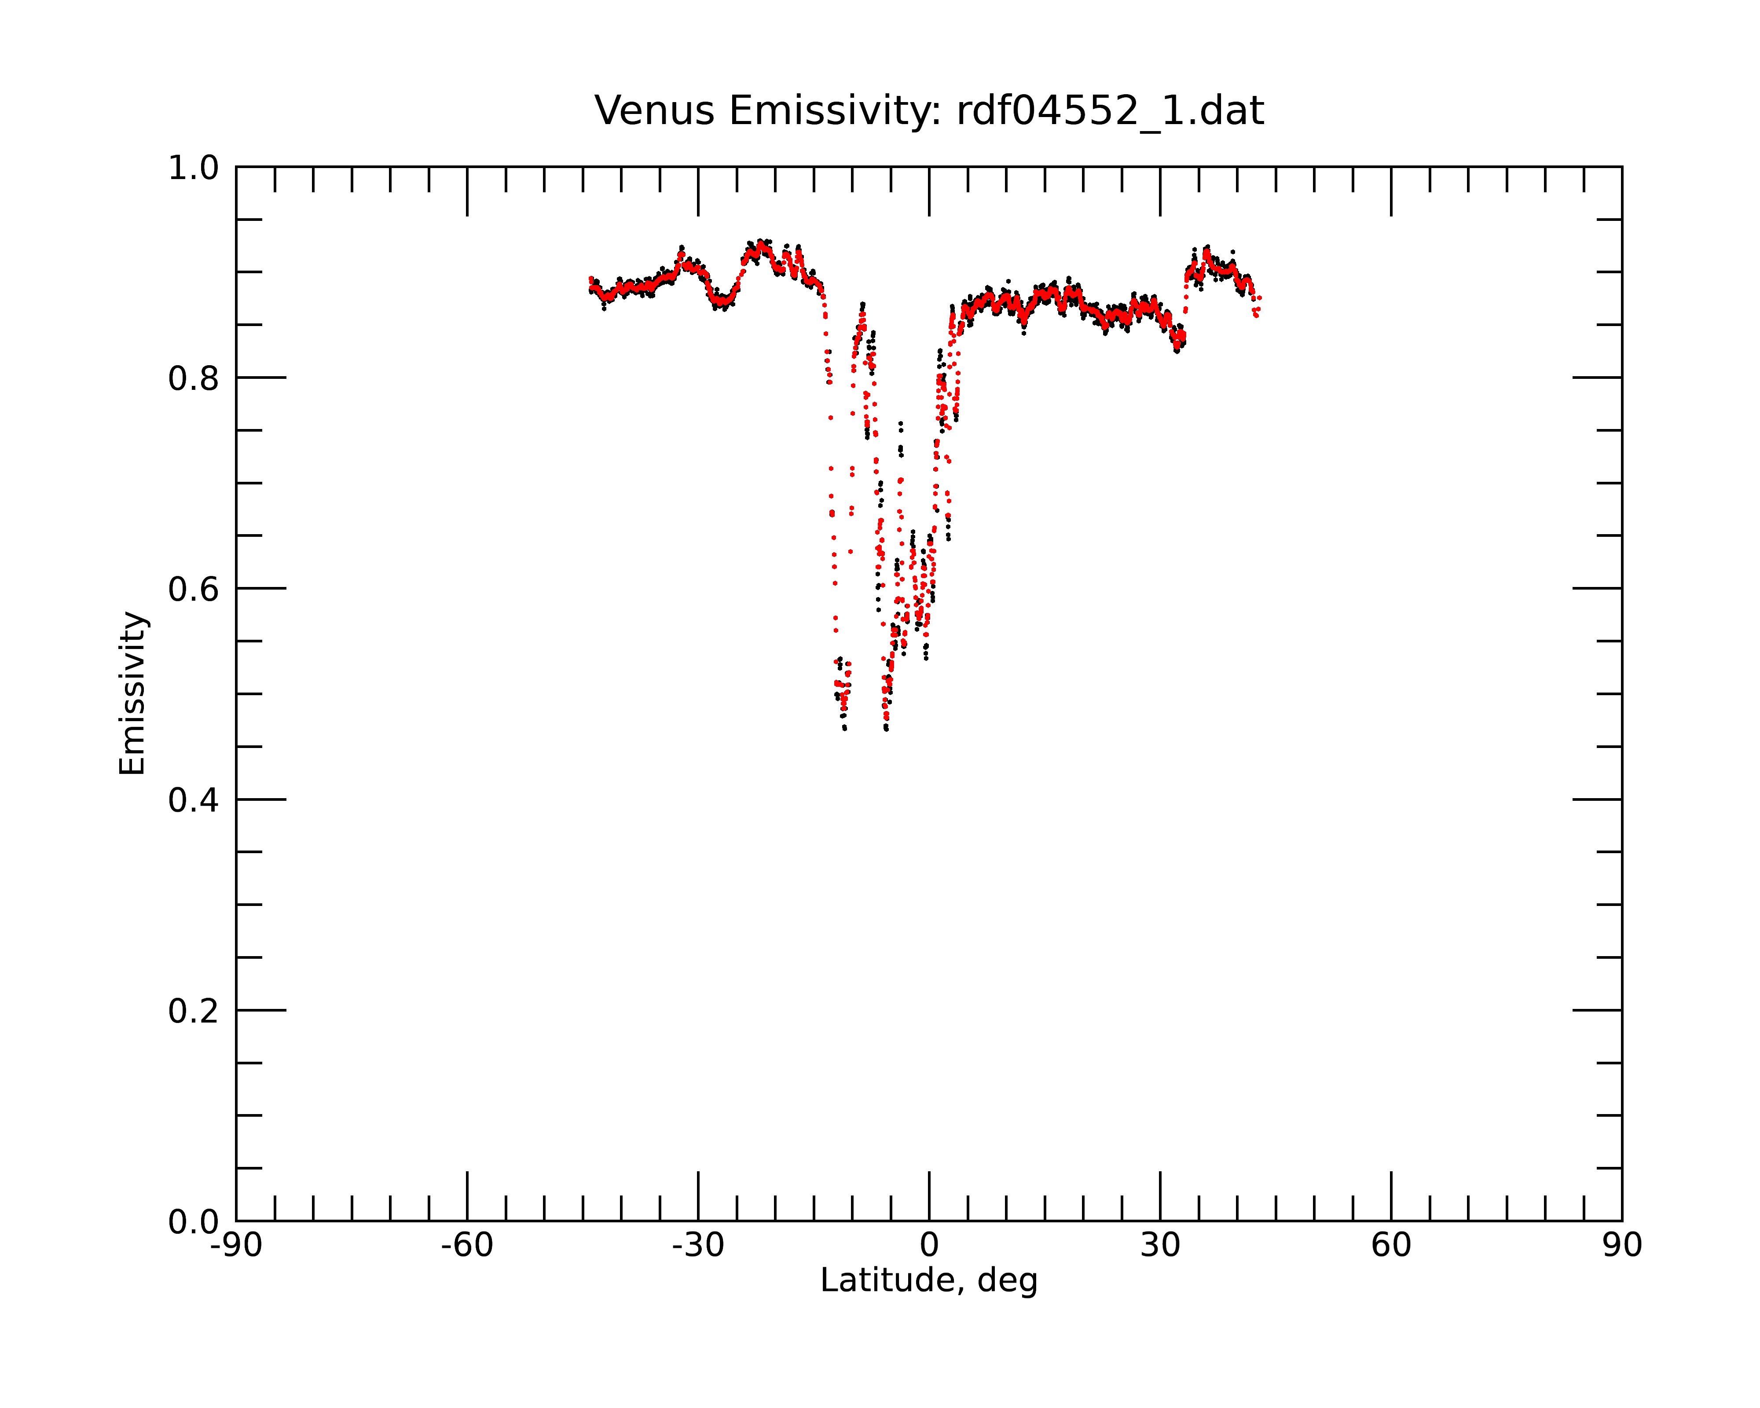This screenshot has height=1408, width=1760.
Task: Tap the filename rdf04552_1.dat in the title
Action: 1110,111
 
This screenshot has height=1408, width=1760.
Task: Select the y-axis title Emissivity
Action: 132,693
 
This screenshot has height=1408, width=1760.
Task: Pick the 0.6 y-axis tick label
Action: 194,589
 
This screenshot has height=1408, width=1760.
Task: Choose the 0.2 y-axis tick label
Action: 194,1011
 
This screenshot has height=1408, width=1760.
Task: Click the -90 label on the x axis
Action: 236,1246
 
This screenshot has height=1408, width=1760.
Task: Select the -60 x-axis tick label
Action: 467,1246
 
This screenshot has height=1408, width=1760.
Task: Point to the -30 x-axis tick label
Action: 698,1246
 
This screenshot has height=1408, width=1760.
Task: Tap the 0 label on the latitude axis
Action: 929,1246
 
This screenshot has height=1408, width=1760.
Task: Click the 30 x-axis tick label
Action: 1160,1246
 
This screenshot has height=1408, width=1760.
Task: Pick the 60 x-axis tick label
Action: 1391,1246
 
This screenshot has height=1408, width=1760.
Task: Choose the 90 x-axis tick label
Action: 1622,1246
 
